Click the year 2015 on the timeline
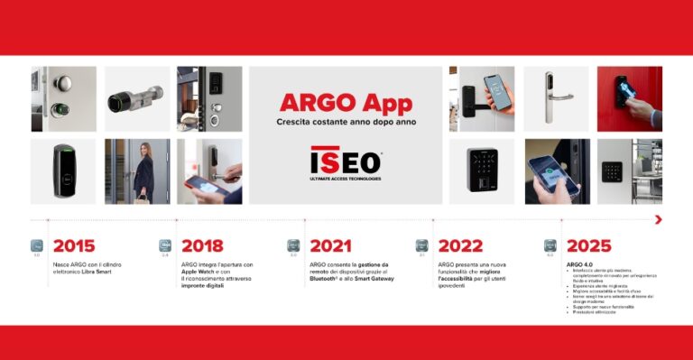point(73,245)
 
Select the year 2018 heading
point(202,245)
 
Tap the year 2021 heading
point(330,245)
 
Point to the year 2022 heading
point(458,245)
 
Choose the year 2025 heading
point(588,245)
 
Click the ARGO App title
point(346,102)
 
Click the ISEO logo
point(346,162)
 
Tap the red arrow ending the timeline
point(659,219)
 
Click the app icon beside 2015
point(37,245)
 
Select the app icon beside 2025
point(550,245)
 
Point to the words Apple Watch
point(201,272)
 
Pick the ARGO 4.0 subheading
point(580,264)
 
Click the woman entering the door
point(142,171)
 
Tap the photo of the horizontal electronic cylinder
point(137,98)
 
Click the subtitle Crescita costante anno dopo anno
point(346,122)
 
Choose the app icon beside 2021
point(293,245)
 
